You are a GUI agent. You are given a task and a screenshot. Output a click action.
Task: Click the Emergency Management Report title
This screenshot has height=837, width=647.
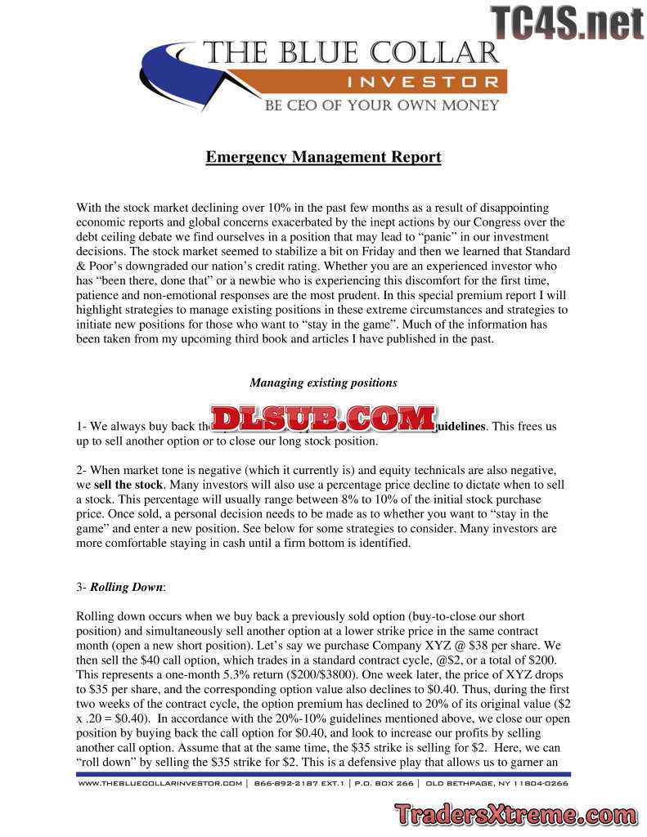click(323, 157)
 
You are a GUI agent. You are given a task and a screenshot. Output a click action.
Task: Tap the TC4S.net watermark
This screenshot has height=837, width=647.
click(568, 22)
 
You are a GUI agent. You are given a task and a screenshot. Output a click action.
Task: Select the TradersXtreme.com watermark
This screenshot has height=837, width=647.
click(514, 815)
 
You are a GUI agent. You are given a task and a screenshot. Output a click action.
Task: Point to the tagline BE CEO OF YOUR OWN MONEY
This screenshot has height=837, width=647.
click(380, 105)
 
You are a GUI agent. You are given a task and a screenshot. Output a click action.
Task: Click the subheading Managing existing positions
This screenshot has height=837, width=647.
click(323, 383)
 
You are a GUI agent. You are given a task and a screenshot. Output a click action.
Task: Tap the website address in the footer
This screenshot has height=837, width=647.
click(160, 783)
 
